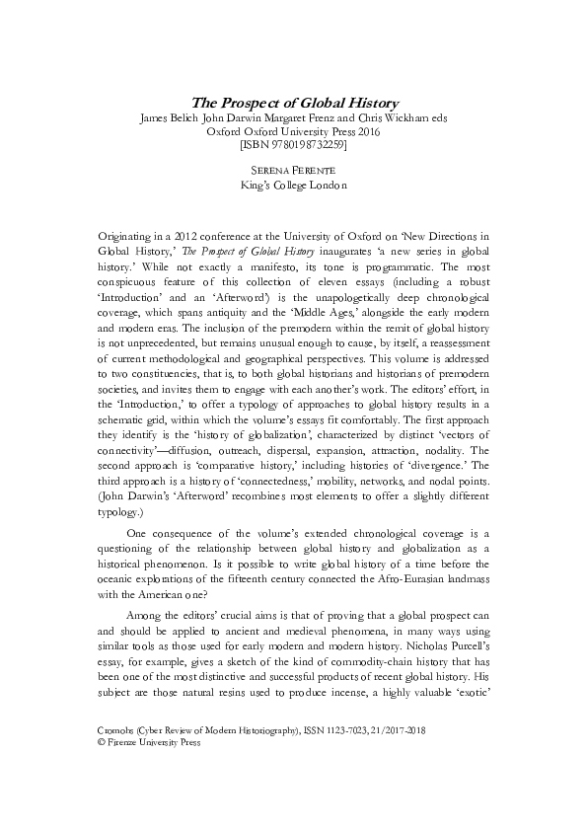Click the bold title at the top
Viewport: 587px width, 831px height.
pyautogui.click(x=293, y=102)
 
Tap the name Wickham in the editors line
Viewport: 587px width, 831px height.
pyautogui.click(x=402, y=117)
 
